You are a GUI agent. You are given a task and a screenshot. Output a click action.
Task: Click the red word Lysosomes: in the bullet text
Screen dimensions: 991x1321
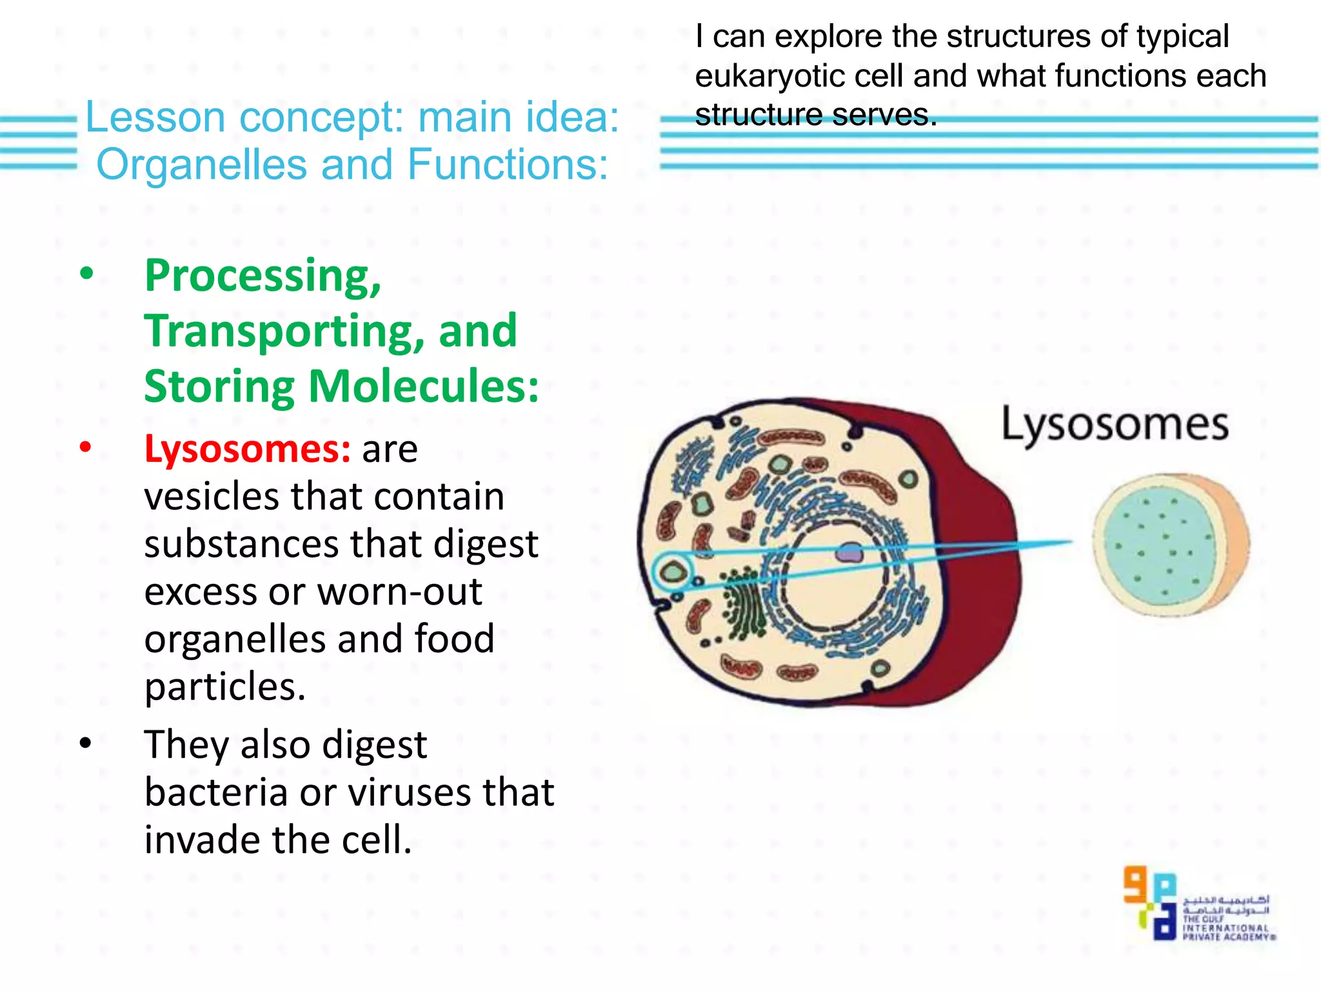(247, 449)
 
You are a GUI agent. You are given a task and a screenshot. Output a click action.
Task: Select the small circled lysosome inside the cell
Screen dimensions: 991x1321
(673, 572)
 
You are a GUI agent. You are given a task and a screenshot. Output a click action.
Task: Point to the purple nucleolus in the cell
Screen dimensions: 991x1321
(849, 552)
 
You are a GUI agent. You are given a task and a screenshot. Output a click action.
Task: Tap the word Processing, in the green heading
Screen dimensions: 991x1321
(263, 276)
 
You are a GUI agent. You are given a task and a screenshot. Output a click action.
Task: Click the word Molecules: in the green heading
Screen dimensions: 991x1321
(424, 387)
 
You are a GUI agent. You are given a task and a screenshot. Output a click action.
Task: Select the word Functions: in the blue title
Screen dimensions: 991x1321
(508, 165)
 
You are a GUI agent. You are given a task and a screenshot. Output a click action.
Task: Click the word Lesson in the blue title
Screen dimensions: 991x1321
(155, 117)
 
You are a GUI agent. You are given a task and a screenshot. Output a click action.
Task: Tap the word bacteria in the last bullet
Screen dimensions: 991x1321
(215, 793)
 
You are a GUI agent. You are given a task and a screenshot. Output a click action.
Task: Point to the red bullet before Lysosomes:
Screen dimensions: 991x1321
(86, 447)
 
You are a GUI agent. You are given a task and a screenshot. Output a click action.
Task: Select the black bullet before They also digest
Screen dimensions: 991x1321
(86, 744)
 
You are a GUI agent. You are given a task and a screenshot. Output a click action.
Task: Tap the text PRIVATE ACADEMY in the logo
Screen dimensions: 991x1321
(1227, 937)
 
